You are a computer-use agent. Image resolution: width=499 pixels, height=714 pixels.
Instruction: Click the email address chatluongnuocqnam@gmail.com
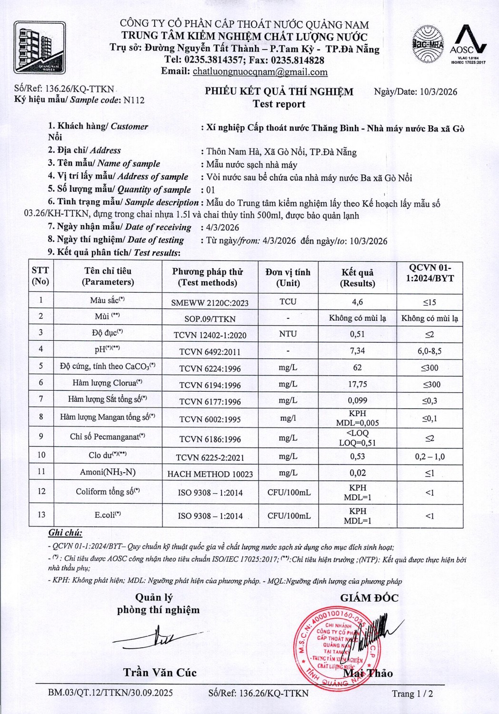[x=260, y=72]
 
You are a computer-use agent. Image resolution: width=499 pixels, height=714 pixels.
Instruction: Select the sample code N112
[x=134, y=100]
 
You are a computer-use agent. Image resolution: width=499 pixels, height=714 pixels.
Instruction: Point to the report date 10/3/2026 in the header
[x=439, y=92]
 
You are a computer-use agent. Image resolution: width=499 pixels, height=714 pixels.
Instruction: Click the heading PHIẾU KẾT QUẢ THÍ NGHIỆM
[x=279, y=91]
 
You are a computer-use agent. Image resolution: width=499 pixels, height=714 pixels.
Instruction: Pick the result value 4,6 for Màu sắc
[x=357, y=302]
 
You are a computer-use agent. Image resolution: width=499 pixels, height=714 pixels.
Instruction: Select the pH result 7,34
[x=357, y=351]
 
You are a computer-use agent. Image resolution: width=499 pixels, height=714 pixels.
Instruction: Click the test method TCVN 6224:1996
[x=210, y=368]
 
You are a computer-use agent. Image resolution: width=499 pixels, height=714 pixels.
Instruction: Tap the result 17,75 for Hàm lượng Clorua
[x=357, y=384]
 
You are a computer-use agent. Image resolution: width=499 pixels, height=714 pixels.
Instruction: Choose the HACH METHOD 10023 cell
[x=210, y=474]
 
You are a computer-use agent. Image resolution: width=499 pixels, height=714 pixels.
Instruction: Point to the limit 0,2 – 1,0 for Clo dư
[x=429, y=456]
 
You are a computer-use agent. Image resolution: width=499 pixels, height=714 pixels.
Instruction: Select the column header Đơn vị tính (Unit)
[x=288, y=278]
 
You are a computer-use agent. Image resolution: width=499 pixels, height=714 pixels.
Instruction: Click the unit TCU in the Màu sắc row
[x=288, y=301]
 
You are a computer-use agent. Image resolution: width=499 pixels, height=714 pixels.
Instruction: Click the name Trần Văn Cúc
[x=160, y=673]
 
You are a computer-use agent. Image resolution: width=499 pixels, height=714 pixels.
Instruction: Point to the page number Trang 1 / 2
[x=412, y=694]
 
